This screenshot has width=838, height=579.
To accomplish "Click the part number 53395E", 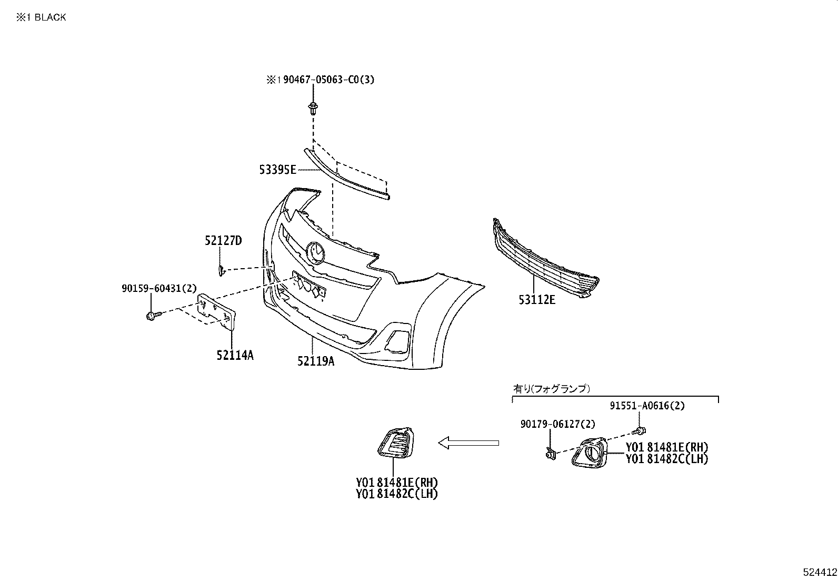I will coord(278,170).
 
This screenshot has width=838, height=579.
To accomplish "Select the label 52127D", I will coord(223,241).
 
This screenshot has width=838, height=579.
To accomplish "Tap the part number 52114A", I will coord(235,356).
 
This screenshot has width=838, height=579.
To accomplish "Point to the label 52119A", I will coord(315,361).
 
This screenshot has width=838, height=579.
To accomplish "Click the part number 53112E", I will coord(537,300).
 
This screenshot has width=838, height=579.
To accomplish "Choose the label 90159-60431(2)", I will coord(158,288).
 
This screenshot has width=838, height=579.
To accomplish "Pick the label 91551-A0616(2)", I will coord(647,406).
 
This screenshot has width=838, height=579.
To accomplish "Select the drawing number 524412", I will coord(820,572).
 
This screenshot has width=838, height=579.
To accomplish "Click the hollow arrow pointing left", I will coord(468,443).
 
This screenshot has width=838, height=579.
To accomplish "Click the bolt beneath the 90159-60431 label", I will coord(152,316).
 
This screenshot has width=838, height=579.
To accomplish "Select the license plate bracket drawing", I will coord(217,315).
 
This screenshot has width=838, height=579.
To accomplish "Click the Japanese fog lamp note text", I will coord(551,389).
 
